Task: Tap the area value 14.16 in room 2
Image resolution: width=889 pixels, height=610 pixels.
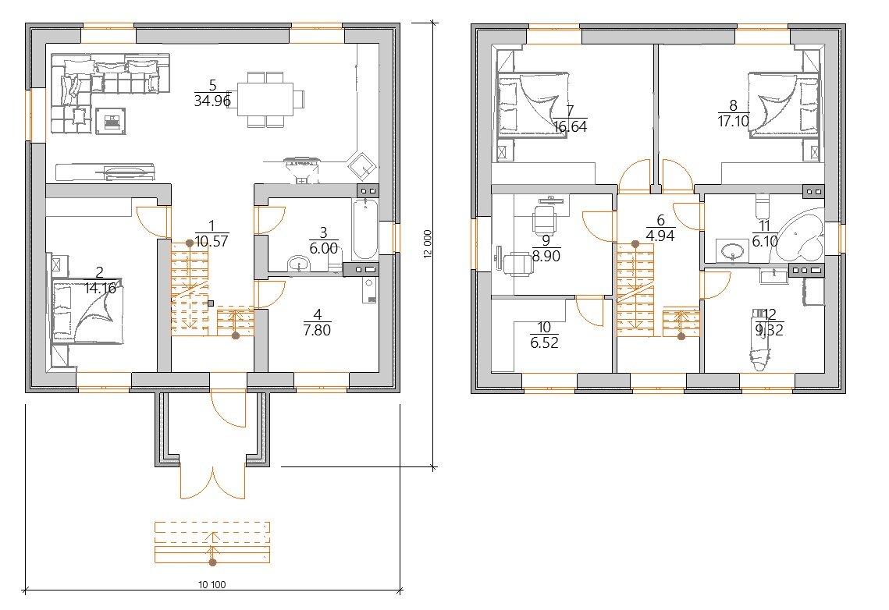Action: tap(101, 289)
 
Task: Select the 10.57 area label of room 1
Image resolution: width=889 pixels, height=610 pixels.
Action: tap(212, 241)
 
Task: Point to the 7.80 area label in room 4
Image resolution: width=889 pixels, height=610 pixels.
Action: tap(317, 330)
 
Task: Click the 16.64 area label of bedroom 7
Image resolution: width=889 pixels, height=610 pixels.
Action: tap(571, 126)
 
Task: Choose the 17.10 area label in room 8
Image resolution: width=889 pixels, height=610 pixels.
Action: tap(734, 121)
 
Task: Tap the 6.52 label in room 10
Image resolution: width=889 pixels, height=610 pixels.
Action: tap(544, 342)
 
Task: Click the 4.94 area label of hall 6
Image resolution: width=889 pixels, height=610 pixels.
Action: tap(660, 236)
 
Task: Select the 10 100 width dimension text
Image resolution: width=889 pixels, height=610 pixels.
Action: tap(212, 584)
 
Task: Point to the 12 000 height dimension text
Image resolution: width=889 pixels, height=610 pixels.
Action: tap(428, 244)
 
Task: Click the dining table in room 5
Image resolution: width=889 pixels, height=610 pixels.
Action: tap(265, 99)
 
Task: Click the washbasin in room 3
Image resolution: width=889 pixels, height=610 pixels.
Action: tap(299, 264)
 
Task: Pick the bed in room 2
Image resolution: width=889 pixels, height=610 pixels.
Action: tap(88, 313)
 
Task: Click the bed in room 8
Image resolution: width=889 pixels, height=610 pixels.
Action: tap(784, 105)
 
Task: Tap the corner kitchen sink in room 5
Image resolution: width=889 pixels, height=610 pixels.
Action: tap(361, 165)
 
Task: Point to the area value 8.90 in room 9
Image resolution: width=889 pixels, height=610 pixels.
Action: tap(546, 257)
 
